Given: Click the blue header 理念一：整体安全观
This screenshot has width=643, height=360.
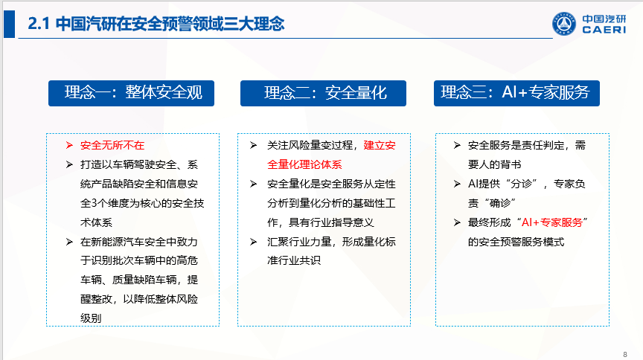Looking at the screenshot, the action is pos(131,93).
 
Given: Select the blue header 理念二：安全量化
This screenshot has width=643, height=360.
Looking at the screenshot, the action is pos(323,93).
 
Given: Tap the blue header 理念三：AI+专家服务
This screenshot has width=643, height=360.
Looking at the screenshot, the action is pos(516,93).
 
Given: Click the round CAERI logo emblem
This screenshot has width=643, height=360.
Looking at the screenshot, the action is pos(564,24).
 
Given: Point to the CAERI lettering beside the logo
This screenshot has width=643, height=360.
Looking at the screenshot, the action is pos(604,30).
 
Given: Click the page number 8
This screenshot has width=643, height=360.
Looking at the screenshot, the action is pos(625,354).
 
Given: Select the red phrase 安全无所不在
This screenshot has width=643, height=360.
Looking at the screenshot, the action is pos(112,145).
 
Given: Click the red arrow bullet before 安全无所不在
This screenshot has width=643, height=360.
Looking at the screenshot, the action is pos(69,145).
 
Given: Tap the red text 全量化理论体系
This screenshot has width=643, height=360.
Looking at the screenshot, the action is pos(304,164).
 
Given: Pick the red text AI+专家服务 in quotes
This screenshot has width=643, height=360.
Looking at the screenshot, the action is pos(552,222).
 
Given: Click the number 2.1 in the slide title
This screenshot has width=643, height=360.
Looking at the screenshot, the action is pos(39,23).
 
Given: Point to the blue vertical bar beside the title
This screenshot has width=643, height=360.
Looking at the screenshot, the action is pos(9,25).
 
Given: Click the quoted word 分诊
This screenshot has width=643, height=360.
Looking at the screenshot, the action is pos(521,184).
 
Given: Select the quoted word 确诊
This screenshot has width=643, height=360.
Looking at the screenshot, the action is pos(500,203).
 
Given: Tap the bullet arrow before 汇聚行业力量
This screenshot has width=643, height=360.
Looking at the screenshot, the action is pos(254,242).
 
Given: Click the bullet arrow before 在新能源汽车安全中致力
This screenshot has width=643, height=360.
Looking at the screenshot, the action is pos(69,242).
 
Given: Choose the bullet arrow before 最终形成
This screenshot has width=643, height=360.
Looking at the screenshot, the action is pos(457,222).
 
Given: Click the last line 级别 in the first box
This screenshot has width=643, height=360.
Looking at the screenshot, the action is pos(91,318).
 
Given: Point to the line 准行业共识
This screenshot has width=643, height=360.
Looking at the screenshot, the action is pos(294,260).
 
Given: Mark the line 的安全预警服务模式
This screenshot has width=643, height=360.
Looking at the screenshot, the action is pos(516,242).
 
